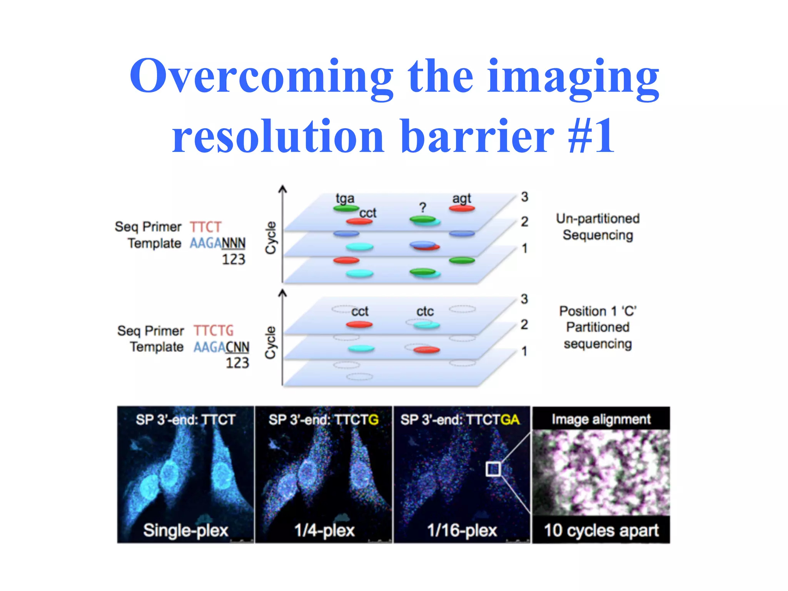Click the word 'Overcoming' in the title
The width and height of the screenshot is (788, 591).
tap(261, 76)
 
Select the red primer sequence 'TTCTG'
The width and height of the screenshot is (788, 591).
tap(213, 331)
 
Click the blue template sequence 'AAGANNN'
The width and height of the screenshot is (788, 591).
tap(217, 243)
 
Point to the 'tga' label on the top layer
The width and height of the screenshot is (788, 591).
tap(345, 199)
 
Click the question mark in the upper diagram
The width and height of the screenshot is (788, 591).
tap(422, 208)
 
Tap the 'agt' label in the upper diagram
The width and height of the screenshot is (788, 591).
tap(461, 199)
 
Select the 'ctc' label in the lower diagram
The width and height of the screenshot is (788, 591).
tap(425, 311)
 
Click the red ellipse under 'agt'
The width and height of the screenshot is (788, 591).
tap(462, 209)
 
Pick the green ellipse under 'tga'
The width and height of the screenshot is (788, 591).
tap(346, 209)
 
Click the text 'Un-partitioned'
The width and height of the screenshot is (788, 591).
tap(598, 219)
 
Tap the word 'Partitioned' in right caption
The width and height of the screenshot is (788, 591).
tap(598, 327)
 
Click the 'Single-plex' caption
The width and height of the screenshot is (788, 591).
tap(185, 530)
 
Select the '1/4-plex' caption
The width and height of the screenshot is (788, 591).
tap(324, 530)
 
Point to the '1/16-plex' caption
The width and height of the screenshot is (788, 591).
tap(462, 530)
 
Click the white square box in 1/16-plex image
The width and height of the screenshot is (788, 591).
tap(493, 469)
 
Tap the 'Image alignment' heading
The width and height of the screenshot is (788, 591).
tap(601, 419)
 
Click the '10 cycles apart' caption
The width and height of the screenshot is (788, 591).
tap(601, 530)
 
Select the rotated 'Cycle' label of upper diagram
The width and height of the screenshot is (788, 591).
tap(271, 237)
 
